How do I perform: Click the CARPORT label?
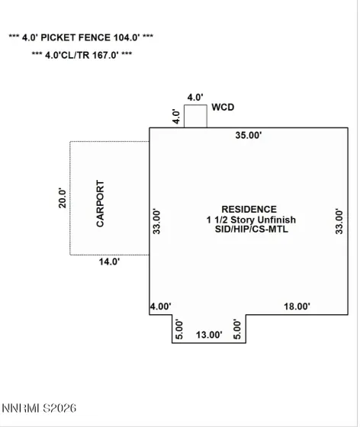(100, 204)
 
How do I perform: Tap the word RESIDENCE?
(249, 209)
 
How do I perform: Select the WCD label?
(223, 107)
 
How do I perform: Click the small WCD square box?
(195, 116)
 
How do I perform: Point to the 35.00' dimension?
(249, 135)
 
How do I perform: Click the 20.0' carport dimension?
(63, 198)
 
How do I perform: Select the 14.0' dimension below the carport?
(109, 262)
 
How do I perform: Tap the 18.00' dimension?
(297, 307)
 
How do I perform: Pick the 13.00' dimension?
(209, 335)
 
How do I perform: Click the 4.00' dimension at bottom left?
(161, 307)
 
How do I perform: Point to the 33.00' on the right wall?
(339, 221)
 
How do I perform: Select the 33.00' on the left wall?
(156, 221)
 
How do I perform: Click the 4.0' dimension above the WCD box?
(195, 98)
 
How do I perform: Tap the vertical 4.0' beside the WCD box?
(176, 117)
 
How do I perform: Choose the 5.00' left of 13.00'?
(179, 329)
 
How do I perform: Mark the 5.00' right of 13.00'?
(237, 329)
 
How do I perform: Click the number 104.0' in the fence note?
(127, 37)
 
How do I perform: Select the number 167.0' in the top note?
(105, 55)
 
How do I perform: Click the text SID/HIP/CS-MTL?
(252, 229)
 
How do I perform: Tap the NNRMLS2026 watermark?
(39, 408)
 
